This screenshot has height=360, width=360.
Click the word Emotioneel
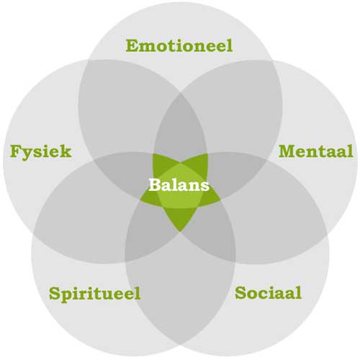click(x=179, y=45)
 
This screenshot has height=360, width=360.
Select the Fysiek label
click(x=41, y=152)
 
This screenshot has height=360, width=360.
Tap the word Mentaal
click(x=315, y=151)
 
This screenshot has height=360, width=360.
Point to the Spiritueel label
click(x=94, y=294)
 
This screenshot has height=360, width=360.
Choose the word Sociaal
click(x=268, y=292)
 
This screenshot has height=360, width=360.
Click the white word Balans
click(x=179, y=185)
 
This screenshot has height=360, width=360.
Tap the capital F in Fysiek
click(x=16, y=151)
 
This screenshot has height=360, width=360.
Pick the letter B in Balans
click(x=155, y=185)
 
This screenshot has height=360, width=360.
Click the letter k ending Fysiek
click(x=66, y=151)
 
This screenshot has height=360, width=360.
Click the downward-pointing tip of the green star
click(x=180, y=231)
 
